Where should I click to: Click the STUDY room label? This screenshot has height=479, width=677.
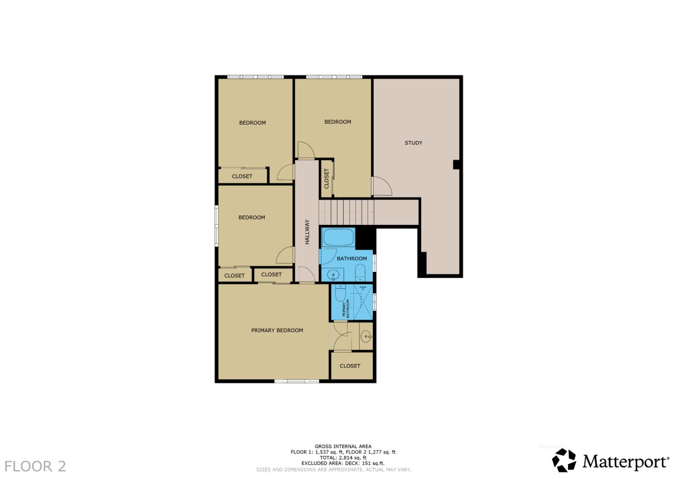(413, 143)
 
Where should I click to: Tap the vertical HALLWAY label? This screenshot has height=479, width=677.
(307, 232)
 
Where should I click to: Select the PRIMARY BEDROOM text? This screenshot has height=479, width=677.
(277, 330)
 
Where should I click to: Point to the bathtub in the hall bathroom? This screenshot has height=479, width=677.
(338, 237)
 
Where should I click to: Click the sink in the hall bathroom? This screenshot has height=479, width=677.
(333, 274)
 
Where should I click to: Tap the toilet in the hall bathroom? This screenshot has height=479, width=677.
(360, 273)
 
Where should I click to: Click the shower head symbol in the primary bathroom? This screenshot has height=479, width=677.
(363, 287)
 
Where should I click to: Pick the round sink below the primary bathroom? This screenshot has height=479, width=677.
(366, 336)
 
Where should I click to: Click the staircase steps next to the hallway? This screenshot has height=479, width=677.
(346, 212)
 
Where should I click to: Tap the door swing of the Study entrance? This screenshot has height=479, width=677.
(382, 187)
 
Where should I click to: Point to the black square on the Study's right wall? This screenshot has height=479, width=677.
(456, 164)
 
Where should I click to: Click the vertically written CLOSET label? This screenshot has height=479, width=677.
(326, 179)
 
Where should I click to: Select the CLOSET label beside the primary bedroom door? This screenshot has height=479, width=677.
(350, 366)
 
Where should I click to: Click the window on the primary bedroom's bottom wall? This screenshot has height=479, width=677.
(297, 381)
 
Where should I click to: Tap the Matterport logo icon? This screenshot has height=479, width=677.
(564, 460)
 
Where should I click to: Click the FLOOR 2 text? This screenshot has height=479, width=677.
(35, 466)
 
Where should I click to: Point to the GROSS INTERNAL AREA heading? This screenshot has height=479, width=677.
(343, 446)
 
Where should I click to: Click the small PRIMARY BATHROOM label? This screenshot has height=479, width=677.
(346, 309)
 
